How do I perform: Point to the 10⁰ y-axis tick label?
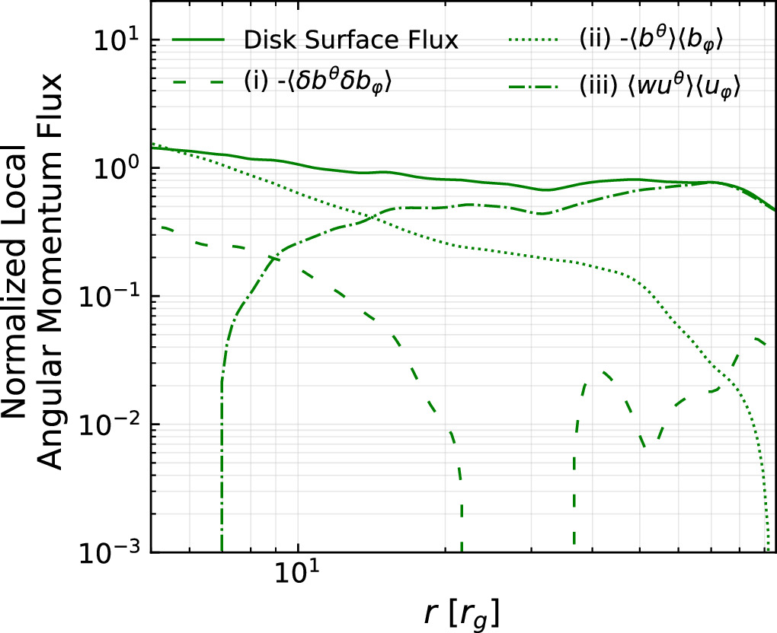(x=121, y=165)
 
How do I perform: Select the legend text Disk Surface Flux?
(x=351, y=41)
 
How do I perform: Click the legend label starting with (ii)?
(x=645, y=40)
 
